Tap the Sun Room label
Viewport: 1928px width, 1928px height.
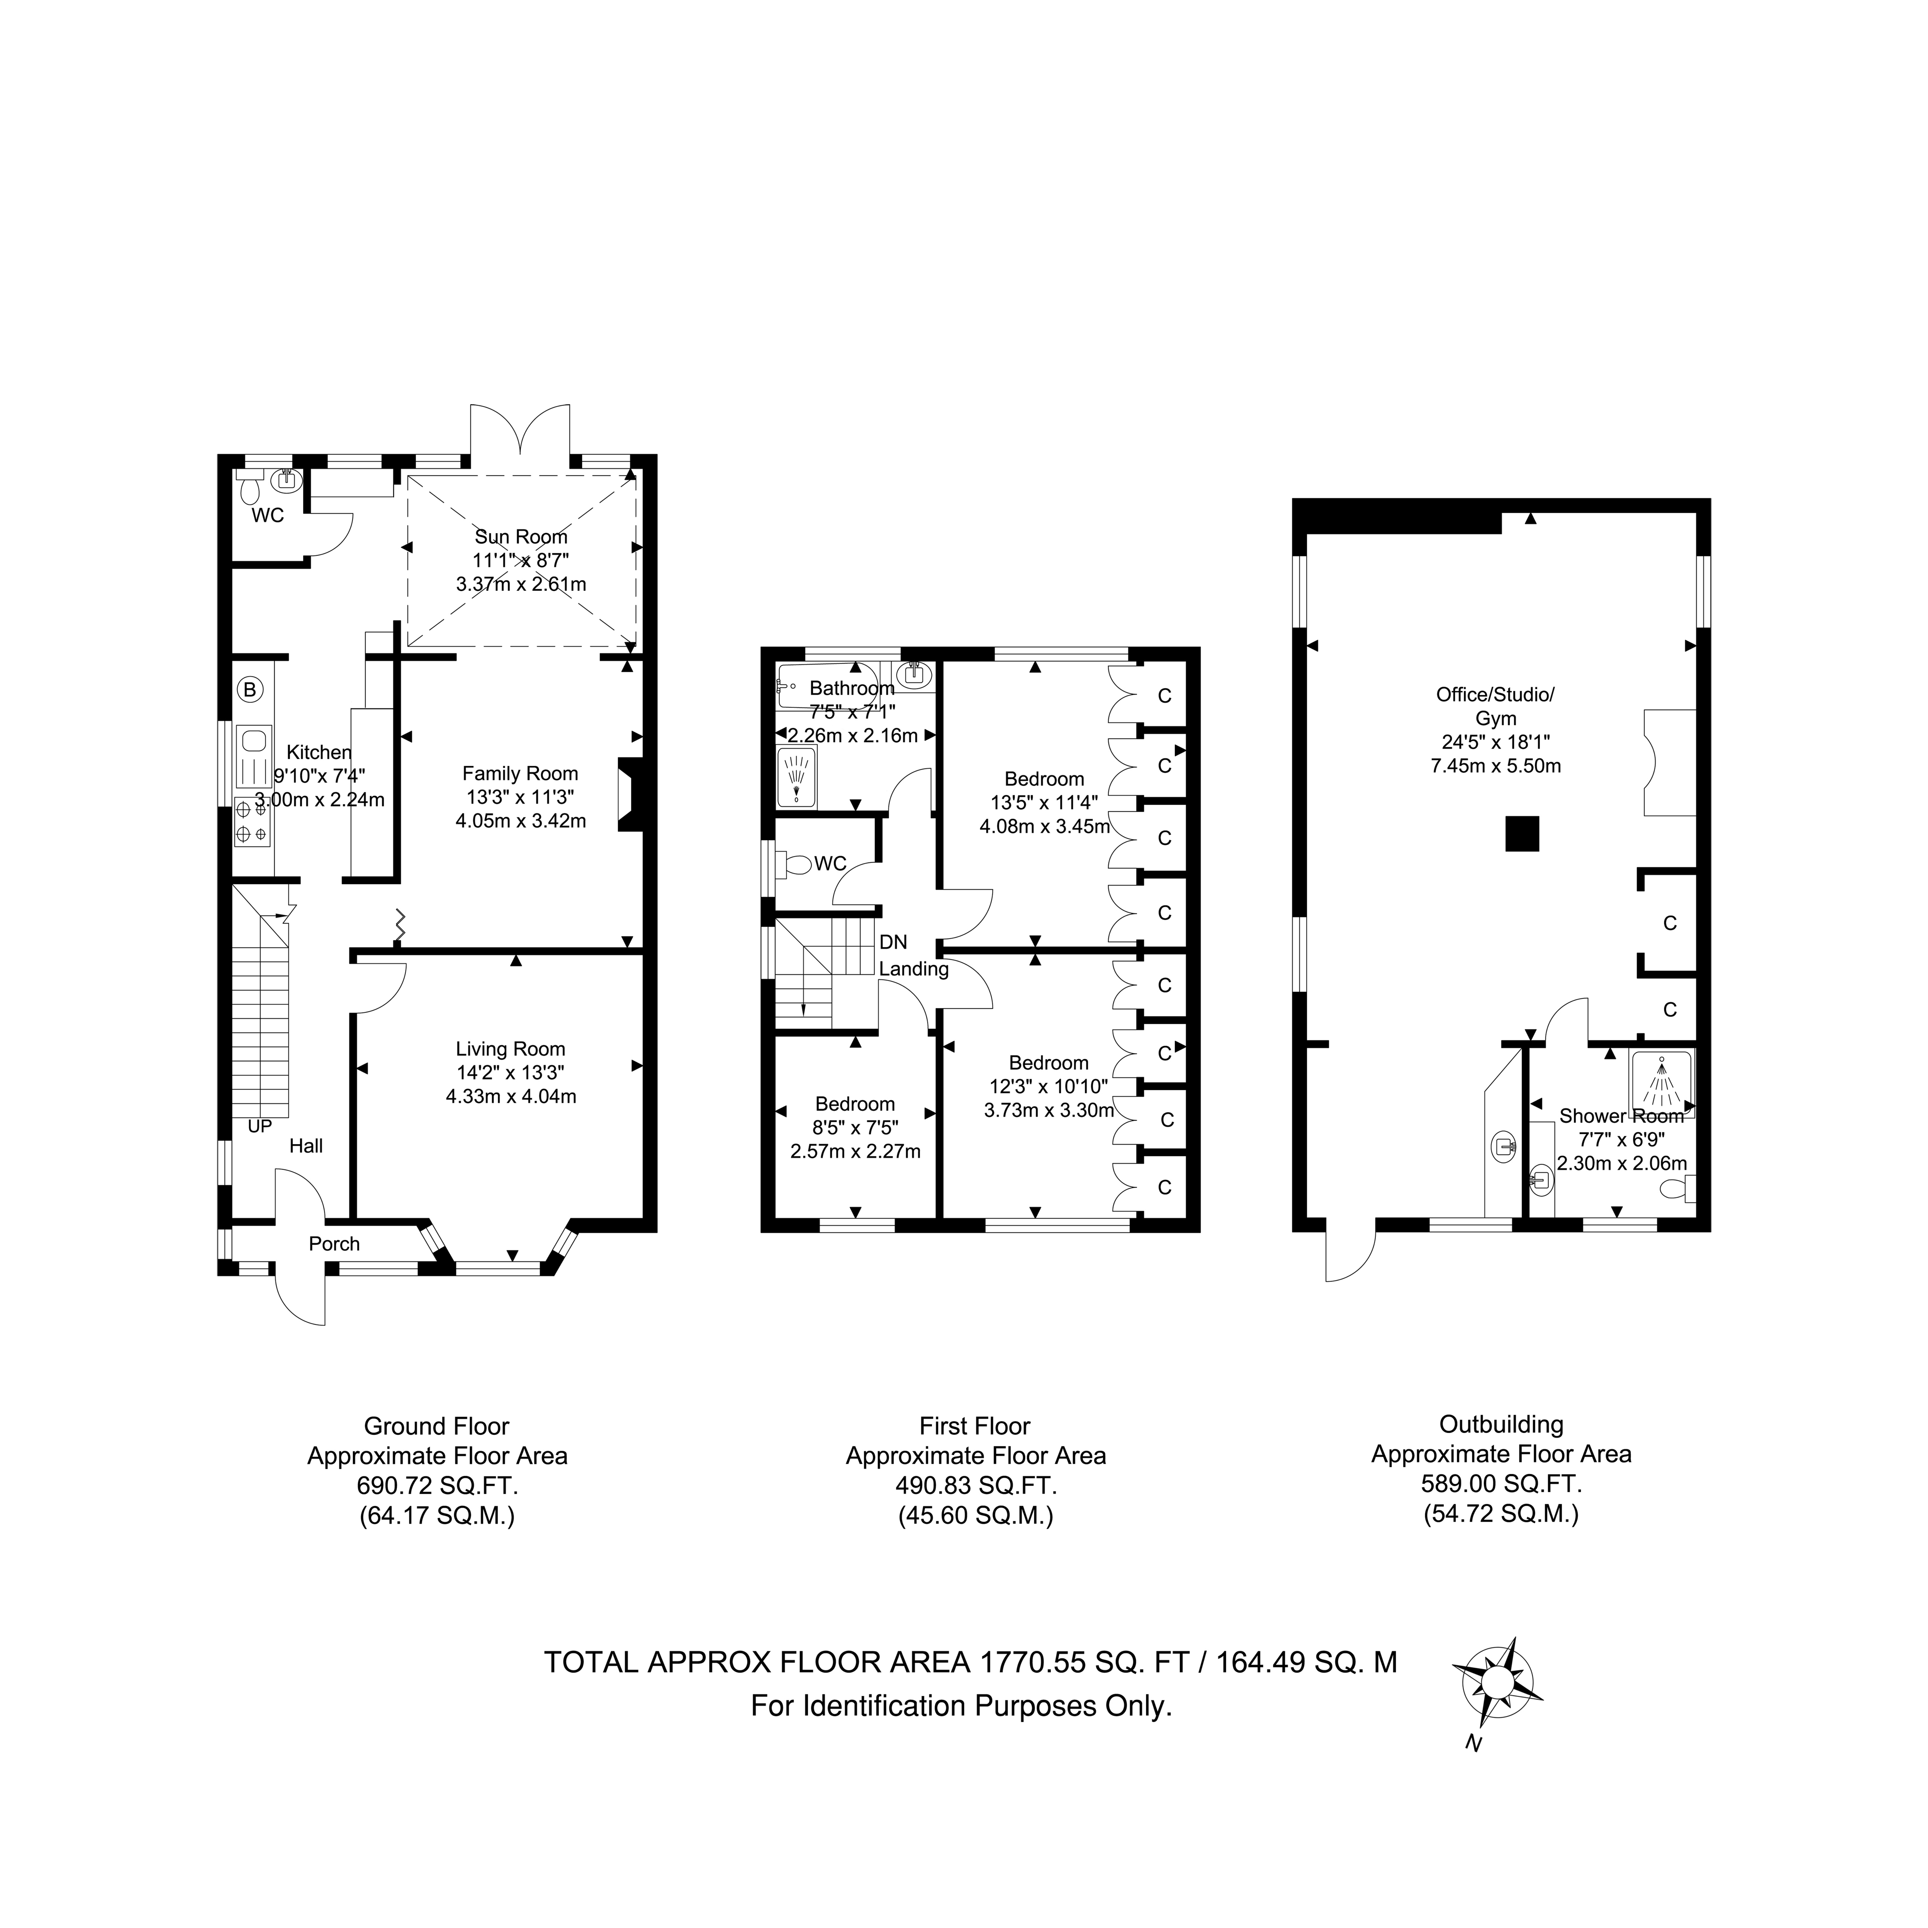pyautogui.click(x=521, y=537)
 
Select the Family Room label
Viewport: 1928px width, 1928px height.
pyautogui.click(x=520, y=774)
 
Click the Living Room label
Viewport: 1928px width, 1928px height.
pyautogui.click(x=511, y=1049)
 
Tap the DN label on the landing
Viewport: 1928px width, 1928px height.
pyautogui.click(x=893, y=942)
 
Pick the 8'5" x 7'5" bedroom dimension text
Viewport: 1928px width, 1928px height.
pyautogui.click(x=855, y=1127)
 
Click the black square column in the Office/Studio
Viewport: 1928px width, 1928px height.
pyautogui.click(x=1522, y=834)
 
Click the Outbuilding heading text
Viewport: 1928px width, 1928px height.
pyautogui.click(x=1501, y=1424)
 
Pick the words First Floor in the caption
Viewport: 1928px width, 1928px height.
pyautogui.click(x=975, y=1426)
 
